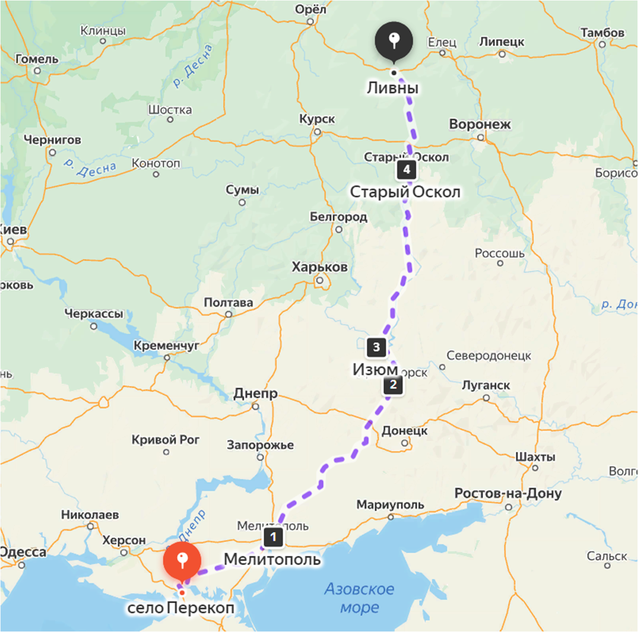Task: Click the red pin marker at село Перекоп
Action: [x=182, y=561]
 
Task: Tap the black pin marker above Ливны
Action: [x=393, y=40]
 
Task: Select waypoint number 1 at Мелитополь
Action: [x=273, y=537]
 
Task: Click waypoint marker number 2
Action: [x=393, y=384]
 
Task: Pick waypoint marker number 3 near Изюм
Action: [x=376, y=347]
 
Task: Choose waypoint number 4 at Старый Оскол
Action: [x=406, y=170]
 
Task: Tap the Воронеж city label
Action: [x=480, y=124]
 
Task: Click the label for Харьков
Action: [x=320, y=267]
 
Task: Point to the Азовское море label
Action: [x=359, y=598]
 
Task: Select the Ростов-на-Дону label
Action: [x=508, y=494]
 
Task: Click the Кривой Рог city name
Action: [x=165, y=440]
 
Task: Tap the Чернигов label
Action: [x=52, y=140]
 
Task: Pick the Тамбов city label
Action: [x=602, y=33]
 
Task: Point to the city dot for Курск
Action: [x=317, y=132]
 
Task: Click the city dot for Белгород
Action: [x=339, y=230]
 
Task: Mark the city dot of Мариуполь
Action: [x=391, y=517]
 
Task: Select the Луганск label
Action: [x=485, y=385]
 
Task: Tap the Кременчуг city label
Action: [x=166, y=346]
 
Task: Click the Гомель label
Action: [x=37, y=59]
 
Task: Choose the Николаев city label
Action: [x=90, y=515]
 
